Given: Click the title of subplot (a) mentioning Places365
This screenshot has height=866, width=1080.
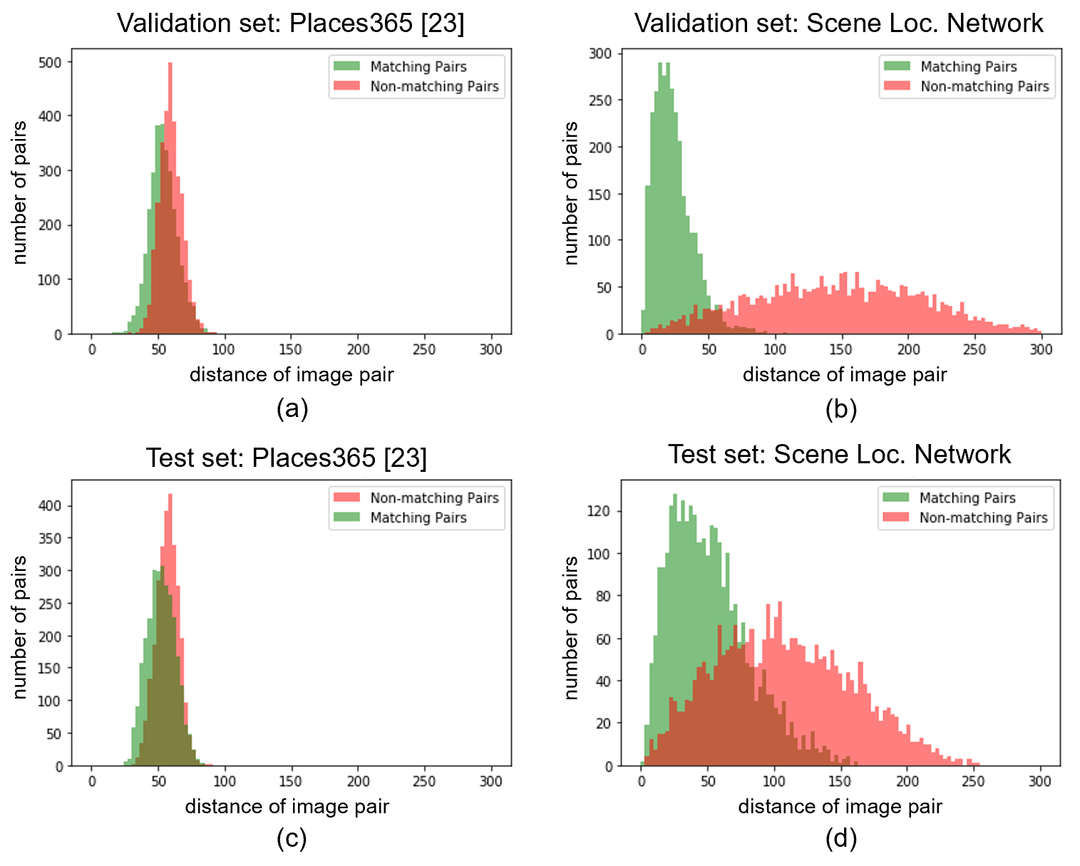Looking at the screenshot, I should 290,24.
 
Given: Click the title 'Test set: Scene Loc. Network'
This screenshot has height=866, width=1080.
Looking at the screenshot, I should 839,454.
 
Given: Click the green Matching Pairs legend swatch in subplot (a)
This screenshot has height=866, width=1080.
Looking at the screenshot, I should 346,66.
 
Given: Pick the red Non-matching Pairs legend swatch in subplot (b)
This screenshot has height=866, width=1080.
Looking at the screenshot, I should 897,86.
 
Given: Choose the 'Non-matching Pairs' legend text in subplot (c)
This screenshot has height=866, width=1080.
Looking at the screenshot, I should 434,498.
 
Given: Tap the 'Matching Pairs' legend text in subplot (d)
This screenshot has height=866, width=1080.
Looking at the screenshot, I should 967,498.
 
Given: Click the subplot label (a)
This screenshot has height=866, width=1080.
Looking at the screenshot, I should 292,408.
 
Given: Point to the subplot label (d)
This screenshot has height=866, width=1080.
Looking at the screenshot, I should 840,839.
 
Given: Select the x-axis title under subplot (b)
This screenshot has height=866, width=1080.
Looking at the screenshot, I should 845,374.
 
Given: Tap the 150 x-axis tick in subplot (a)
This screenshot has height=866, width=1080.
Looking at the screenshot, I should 290,349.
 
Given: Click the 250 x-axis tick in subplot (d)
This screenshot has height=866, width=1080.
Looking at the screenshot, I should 974,781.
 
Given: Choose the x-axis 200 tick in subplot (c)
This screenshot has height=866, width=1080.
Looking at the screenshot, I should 358,781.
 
